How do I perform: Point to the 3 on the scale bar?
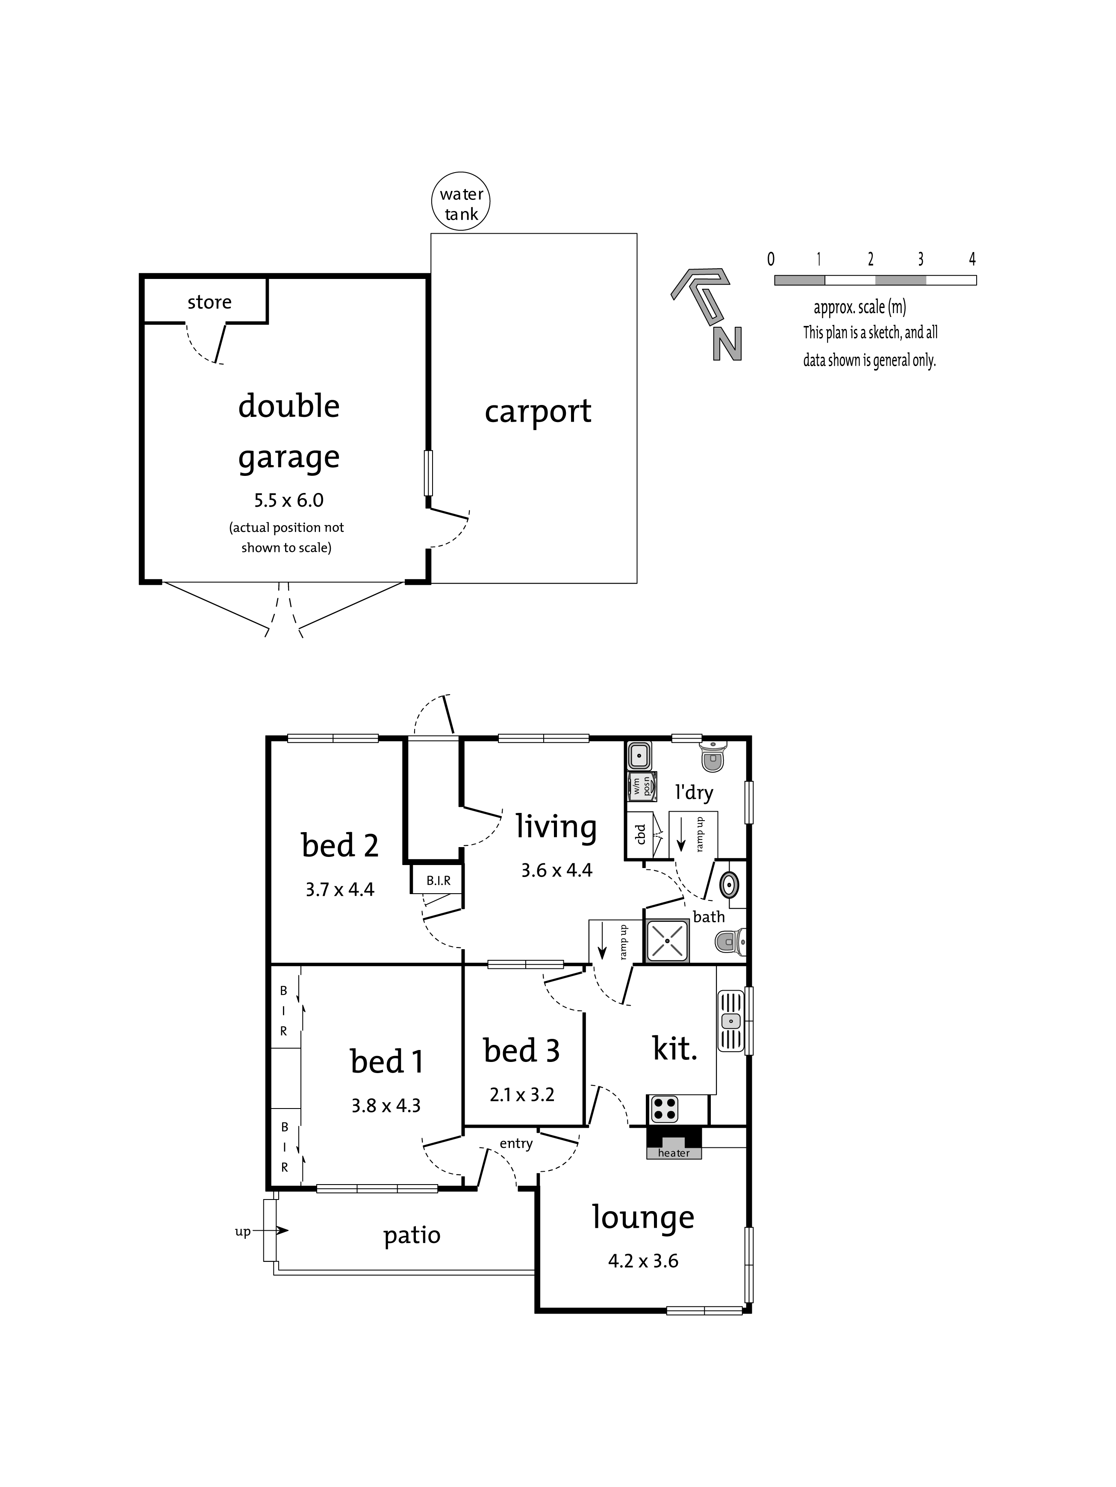point(920,259)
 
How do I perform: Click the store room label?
point(209,302)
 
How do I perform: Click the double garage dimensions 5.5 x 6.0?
point(289,500)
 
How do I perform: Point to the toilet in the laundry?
point(713,756)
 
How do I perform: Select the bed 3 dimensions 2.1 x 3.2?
point(522,1095)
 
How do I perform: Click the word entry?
point(516,1144)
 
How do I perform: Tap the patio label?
point(412,1235)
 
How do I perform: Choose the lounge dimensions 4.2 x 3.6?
point(643,1261)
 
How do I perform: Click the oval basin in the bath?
point(729,885)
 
